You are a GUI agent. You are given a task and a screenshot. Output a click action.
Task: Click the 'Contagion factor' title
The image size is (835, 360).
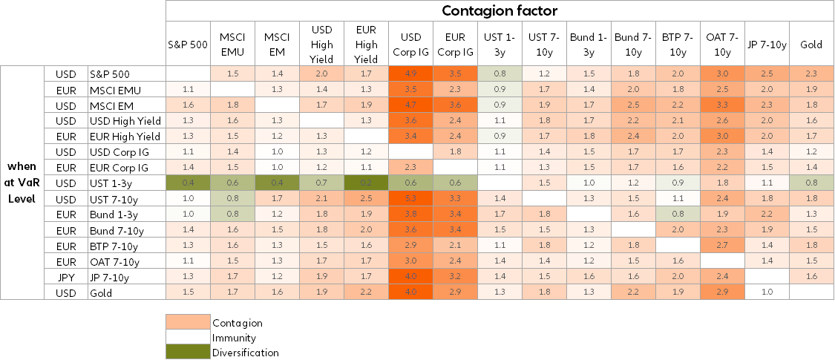[x=500, y=10]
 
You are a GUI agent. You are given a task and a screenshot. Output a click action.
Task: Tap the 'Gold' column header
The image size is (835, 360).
[x=811, y=44]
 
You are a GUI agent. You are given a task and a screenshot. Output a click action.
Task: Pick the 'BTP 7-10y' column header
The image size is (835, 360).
[x=678, y=44]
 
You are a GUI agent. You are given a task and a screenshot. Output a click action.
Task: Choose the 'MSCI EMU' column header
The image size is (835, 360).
[x=232, y=44]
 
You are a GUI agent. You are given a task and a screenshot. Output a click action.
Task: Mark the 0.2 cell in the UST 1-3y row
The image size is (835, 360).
[x=366, y=183]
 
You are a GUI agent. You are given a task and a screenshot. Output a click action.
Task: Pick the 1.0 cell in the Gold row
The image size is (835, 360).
[x=767, y=292]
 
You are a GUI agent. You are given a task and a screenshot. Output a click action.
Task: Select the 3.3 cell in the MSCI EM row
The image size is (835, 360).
[x=722, y=105]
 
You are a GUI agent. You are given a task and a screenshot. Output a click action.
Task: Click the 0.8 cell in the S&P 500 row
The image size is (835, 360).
[x=500, y=74]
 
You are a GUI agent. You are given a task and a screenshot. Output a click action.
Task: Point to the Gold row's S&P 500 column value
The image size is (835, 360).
[x=188, y=292]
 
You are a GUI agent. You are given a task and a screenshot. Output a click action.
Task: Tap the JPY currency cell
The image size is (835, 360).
[x=66, y=278]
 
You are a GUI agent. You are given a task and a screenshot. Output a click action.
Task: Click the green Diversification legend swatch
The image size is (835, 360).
[x=188, y=353]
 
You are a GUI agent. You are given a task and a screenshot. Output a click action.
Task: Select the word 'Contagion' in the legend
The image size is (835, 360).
[x=238, y=323]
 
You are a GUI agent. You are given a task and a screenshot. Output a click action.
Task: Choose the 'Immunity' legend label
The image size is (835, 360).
[x=235, y=338]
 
